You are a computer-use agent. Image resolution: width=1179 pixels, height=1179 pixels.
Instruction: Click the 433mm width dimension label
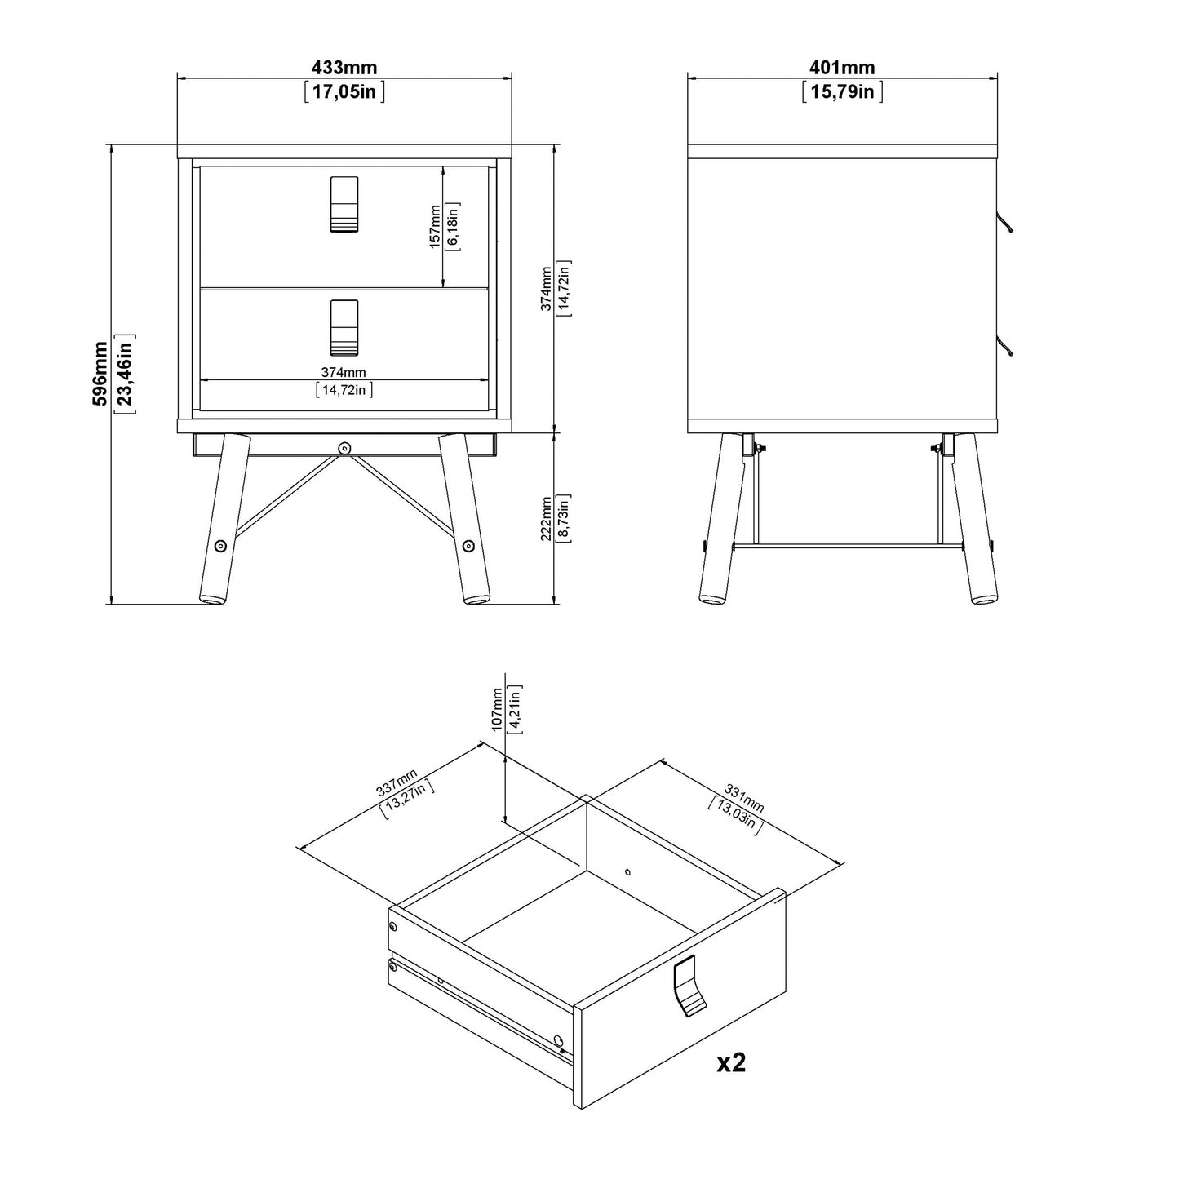tap(344, 68)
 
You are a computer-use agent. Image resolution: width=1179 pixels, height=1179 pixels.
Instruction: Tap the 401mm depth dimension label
tap(842, 68)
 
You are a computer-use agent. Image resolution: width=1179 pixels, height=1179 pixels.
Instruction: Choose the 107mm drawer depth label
tap(498, 711)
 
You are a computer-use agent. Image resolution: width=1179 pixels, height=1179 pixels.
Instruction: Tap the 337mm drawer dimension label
tap(397, 785)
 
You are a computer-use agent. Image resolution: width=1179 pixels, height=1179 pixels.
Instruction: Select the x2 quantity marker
tap(731, 1062)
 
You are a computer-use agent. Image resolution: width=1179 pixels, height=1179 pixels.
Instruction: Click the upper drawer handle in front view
tap(344, 204)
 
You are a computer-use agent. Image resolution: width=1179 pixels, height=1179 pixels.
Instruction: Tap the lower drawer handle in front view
tap(344, 328)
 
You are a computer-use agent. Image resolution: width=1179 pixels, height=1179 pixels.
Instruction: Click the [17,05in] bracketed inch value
tap(344, 91)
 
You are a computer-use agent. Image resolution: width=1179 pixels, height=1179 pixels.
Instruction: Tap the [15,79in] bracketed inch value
tap(842, 91)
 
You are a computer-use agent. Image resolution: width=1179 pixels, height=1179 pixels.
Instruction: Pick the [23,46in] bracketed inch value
tap(124, 373)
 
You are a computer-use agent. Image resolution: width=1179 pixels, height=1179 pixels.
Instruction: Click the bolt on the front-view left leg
tap(219, 546)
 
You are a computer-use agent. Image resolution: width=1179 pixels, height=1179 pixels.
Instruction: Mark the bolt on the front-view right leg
tap(468, 546)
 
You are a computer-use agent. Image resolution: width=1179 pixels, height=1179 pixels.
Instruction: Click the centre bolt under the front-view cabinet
tap(344, 447)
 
